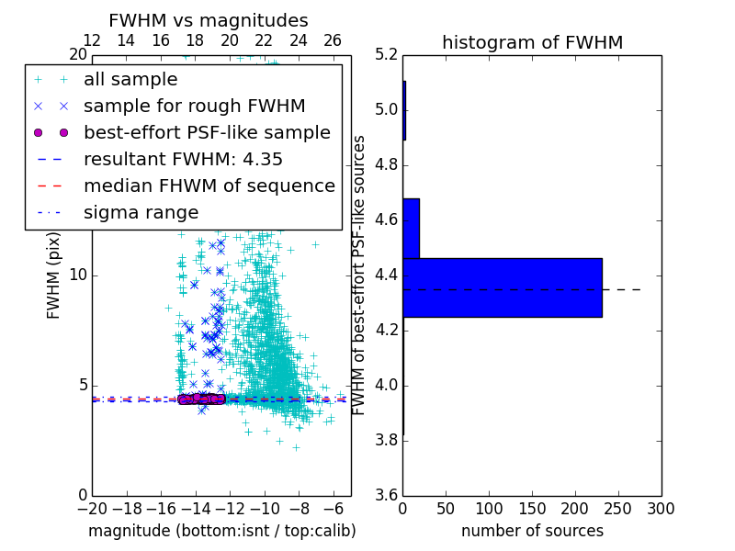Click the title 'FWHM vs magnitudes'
click(x=209, y=20)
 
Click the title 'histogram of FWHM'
click(x=532, y=42)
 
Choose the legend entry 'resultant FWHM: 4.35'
click(x=183, y=159)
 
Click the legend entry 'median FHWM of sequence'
click(x=209, y=186)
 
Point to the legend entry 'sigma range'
click(x=141, y=212)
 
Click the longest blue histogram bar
click(x=502, y=287)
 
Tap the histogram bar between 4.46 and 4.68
click(x=411, y=228)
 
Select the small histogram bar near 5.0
click(x=404, y=110)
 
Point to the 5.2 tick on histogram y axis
click(x=387, y=55)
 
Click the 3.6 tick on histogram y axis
click(x=387, y=494)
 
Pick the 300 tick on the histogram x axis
click(x=661, y=508)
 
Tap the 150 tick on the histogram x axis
click(x=532, y=508)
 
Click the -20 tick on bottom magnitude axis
click(x=92, y=508)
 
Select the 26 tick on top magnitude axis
click(x=333, y=40)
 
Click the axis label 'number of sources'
click(x=532, y=531)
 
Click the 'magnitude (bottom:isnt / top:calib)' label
click(x=221, y=531)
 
